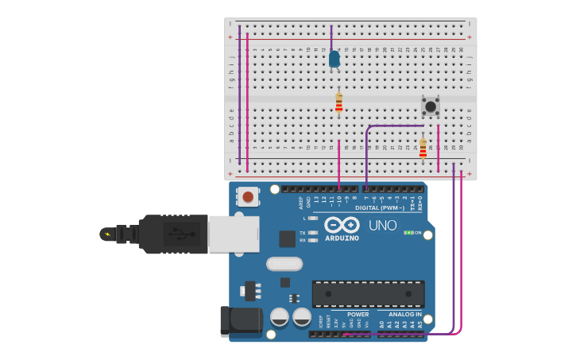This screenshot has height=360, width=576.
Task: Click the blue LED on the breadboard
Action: [x=334, y=59]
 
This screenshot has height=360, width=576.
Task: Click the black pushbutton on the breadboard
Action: [x=430, y=106]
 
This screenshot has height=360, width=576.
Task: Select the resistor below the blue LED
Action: [x=338, y=103]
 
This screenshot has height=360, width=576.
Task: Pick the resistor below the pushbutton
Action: [x=423, y=147]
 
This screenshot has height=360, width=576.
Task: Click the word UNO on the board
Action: [x=382, y=226]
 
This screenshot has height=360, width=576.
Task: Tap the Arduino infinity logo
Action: [x=342, y=225]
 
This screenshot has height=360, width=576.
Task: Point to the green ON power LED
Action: [x=408, y=233]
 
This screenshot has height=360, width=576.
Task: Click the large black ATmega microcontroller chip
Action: [x=368, y=293]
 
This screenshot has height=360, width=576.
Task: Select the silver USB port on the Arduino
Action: [x=234, y=234]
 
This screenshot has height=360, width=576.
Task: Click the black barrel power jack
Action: [x=241, y=320]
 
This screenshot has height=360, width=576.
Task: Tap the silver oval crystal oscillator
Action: [x=284, y=263]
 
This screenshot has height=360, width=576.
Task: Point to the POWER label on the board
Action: [x=358, y=315]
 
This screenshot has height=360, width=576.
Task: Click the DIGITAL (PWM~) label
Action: [x=379, y=208]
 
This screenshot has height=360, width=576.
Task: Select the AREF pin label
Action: [x=301, y=203]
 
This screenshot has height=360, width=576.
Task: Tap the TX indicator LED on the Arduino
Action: [x=312, y=233]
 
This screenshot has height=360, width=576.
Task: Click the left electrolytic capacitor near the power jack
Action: [x=280, y=317]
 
